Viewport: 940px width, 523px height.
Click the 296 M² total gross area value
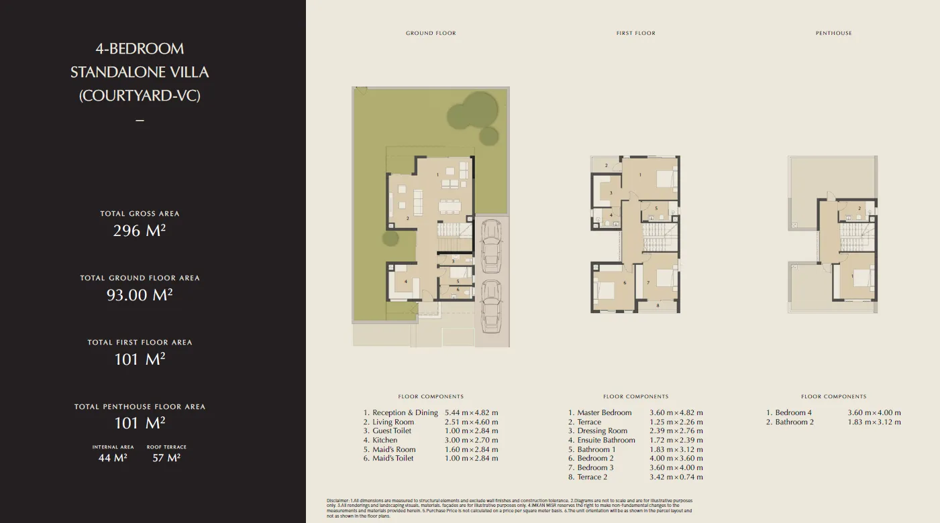(140, 231)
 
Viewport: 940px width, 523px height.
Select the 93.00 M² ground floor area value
(140, 295)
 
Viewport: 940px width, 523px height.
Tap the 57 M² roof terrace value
(166, 458)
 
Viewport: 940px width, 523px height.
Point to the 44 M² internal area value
(113, 458)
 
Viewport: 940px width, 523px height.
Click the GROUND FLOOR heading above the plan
(431, 33)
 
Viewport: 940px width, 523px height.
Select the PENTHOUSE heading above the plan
(833, 33)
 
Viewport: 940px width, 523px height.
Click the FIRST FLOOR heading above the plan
(635, 33)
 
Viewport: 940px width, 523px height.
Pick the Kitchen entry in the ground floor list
(384, 441)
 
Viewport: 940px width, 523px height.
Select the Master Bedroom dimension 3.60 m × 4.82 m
(676, 413)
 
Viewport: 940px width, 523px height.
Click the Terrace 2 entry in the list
(592, 477)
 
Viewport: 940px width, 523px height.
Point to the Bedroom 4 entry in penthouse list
(793, 413)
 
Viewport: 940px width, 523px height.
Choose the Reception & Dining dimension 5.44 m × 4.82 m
(472, 413)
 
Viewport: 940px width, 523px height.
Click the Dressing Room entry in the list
(602, 431)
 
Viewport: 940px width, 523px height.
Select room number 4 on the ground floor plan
(406, 282)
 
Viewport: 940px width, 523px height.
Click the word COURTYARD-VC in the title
(140, 96)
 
